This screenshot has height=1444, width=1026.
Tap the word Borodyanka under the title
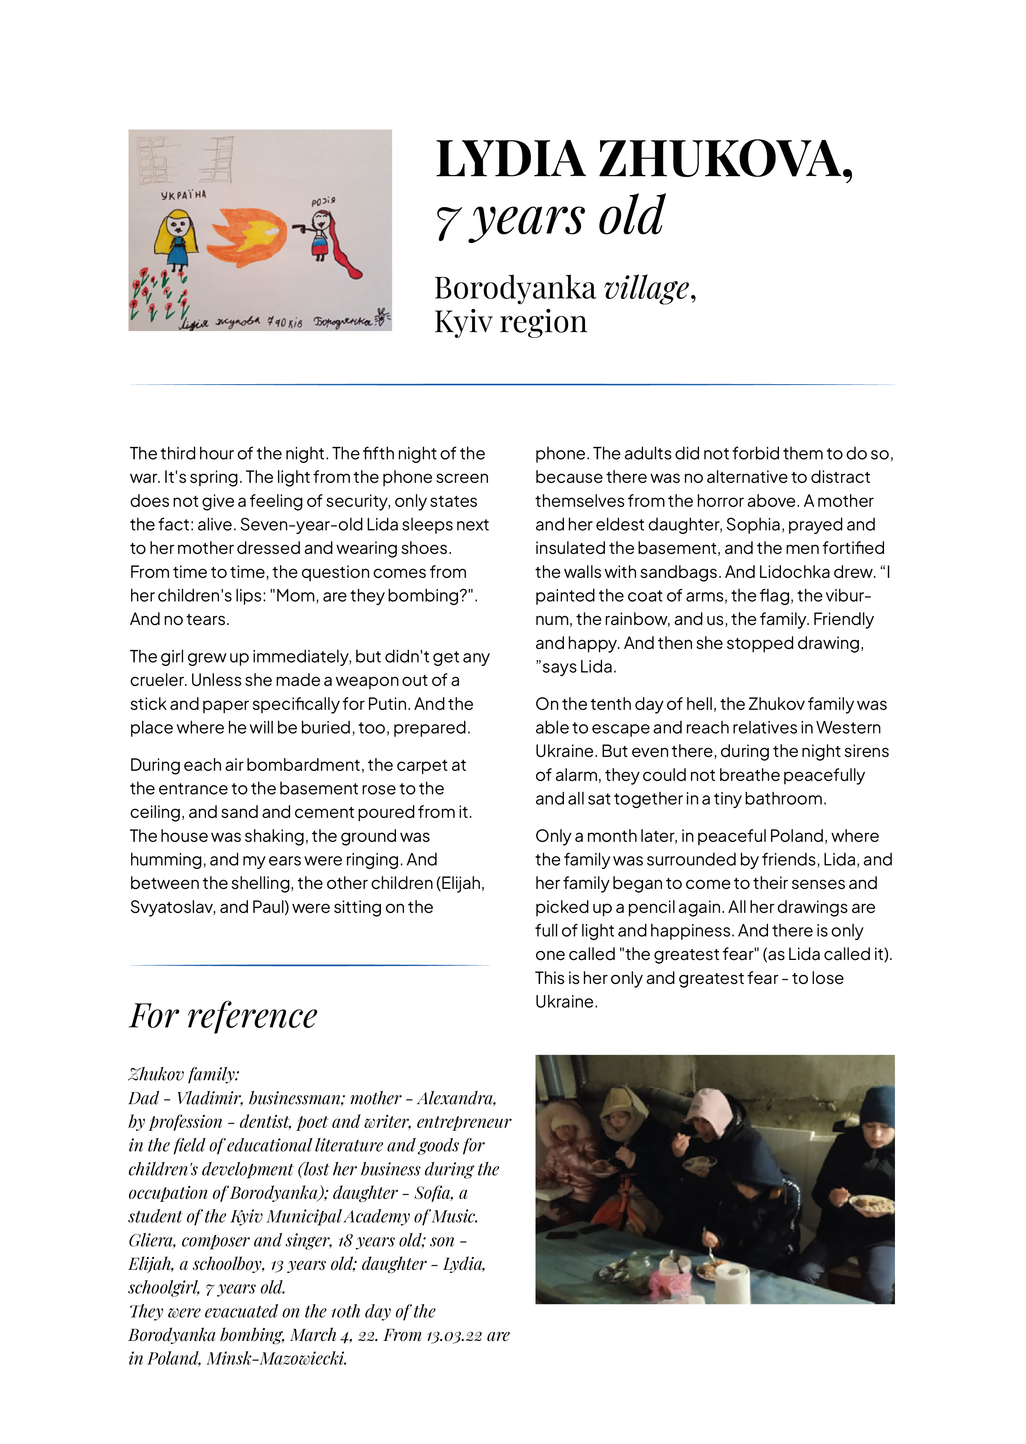[x=515, y=288]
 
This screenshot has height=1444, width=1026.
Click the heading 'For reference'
[x=223, y=1016]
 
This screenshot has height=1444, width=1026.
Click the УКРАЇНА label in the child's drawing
[x=183, y=195]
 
